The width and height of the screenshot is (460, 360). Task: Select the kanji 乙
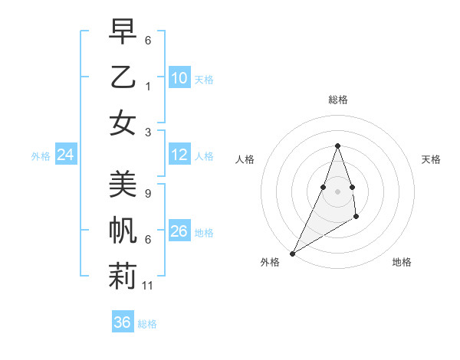pyautogui.click(x=123, y=78)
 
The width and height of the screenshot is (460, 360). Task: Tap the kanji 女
pyautogui.click(x=123, y=123)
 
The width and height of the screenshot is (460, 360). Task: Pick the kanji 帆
pyautogui.click(x=123, y=231)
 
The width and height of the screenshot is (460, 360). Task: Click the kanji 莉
pyautogui.click(x=123, y=275)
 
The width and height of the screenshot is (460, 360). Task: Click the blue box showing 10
pyautogui.click(x=179, y=78)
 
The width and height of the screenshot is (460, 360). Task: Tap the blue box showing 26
pyautogui.click(x=179, y=231)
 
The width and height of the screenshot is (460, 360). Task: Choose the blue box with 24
pyautogui.click(x=66, y=155)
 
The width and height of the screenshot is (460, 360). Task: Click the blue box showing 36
pyautogui.click(x=123, y=322)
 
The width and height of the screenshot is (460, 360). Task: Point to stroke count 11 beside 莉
pyautogui.click(x=149, y=286)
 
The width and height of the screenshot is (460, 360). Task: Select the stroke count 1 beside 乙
pyautogui.click(x=147, y=87)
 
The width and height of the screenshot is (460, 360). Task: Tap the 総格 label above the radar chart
pyautogui.click(x=337, y=100)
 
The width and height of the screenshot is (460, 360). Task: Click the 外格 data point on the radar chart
pyautogui.click(x=292, y=254)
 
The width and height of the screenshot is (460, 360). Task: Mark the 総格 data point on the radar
pyautogui.click(x=337, y=146)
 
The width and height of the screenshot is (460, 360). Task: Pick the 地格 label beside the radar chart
pyautogui.click(x=402, y=262)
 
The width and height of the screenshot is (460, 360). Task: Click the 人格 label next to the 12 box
pyautogui.click(x=204, y=156)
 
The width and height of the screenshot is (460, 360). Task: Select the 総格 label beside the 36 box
pyautogui.click(x=148, y=324)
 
